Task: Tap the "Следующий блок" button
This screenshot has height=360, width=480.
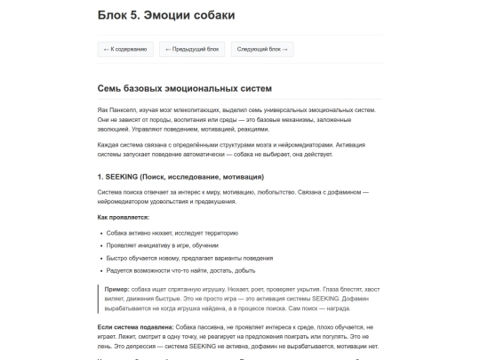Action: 261,50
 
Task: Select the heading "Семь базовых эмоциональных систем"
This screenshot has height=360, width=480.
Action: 185,89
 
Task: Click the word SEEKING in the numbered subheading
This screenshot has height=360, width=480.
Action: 122,176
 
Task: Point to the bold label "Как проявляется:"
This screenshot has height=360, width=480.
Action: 124,217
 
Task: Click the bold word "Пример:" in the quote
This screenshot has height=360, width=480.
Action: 117,289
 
